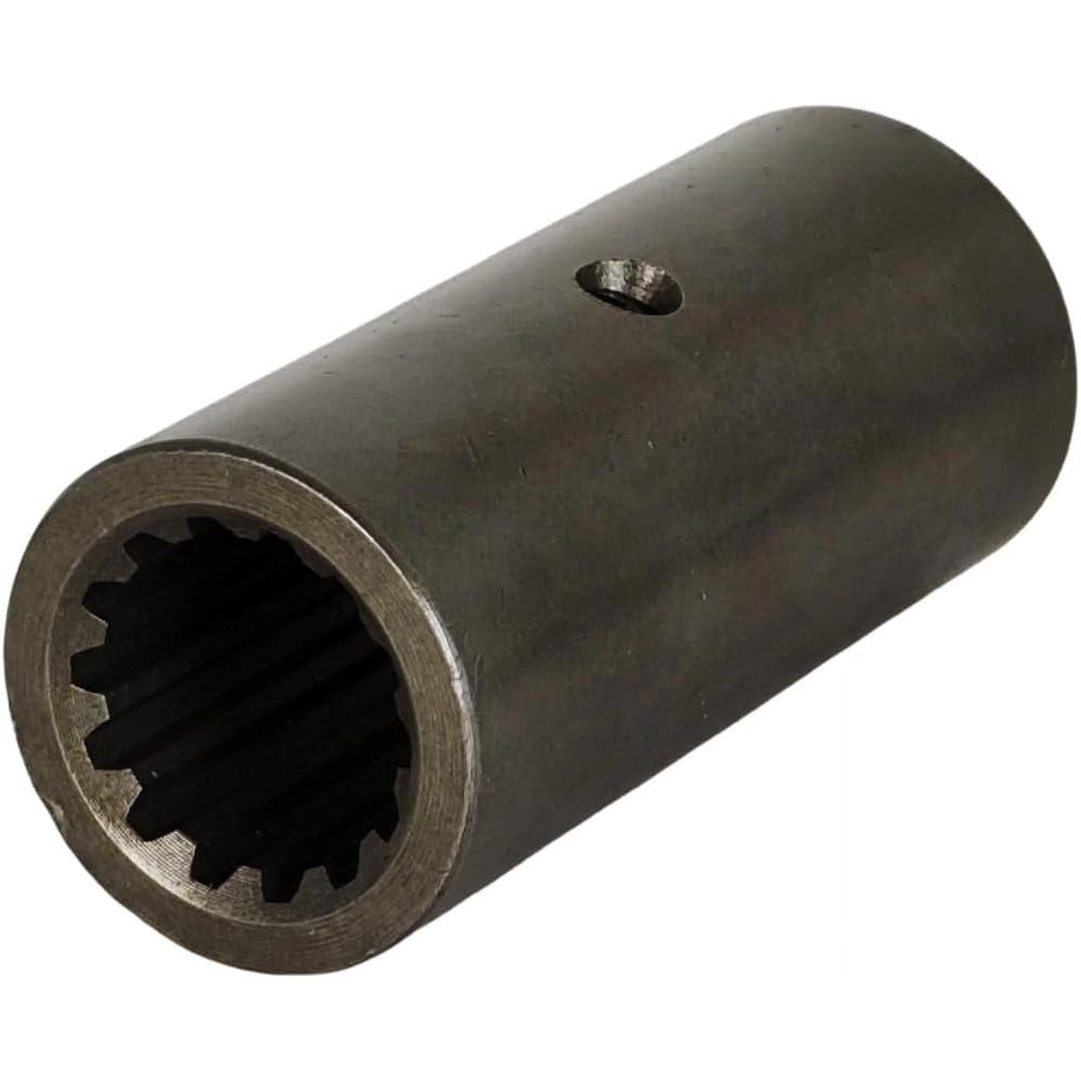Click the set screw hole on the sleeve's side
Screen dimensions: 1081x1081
tap(629, 284)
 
